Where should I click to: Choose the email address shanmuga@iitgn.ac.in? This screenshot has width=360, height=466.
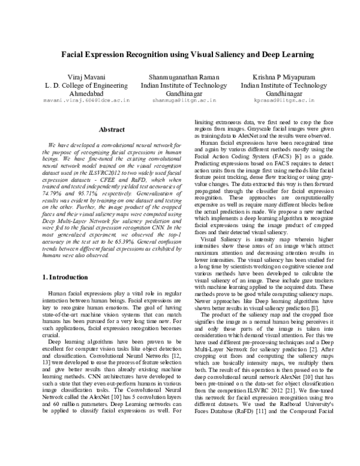pos(180,102)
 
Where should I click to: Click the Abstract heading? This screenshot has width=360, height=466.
pos(111,130)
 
